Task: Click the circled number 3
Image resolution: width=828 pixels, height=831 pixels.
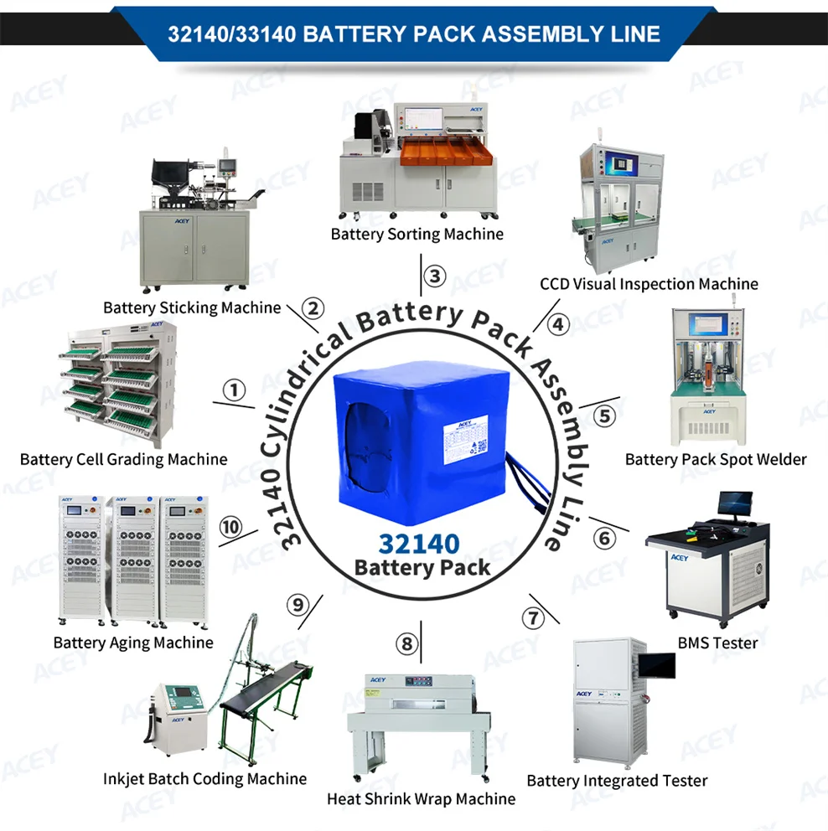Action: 432,276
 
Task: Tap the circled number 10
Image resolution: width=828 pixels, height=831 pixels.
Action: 230,527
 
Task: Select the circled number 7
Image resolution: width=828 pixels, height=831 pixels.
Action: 533,619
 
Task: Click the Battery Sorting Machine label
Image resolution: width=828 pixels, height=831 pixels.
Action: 417,234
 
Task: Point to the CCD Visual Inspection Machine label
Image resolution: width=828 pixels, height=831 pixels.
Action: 649,284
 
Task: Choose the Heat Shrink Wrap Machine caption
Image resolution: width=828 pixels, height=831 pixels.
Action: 421,798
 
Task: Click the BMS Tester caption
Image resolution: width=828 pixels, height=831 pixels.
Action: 717,643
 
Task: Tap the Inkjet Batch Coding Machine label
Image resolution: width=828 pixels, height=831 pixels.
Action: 204,778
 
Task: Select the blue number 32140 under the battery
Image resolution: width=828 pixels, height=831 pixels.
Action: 421,543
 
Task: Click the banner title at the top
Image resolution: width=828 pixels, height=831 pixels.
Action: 414,34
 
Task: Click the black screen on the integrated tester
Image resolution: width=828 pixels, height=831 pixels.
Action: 656,665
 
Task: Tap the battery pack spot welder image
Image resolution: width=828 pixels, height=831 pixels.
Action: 708,378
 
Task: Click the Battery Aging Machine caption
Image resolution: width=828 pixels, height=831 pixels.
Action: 133,643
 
